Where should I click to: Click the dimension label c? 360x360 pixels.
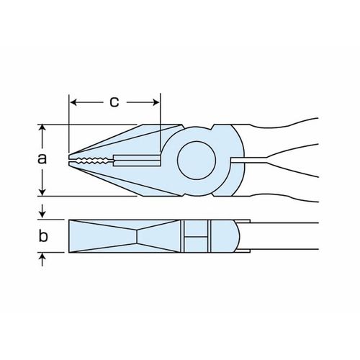(x=114, y=102)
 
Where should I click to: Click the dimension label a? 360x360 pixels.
(x=42, y=159)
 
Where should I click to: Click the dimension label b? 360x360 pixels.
(x=43, y=235)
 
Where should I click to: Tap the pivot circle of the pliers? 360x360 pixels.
(x=197, y=161)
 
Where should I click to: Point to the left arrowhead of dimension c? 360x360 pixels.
(x=73, y=102)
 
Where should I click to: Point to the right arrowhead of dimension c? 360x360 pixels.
(x=156, y=102)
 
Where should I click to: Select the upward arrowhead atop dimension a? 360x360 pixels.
(x=42, y=127)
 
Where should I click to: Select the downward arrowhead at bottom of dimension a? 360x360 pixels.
(x=42, y=192)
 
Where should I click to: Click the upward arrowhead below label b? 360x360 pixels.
(x=42, y=256)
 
